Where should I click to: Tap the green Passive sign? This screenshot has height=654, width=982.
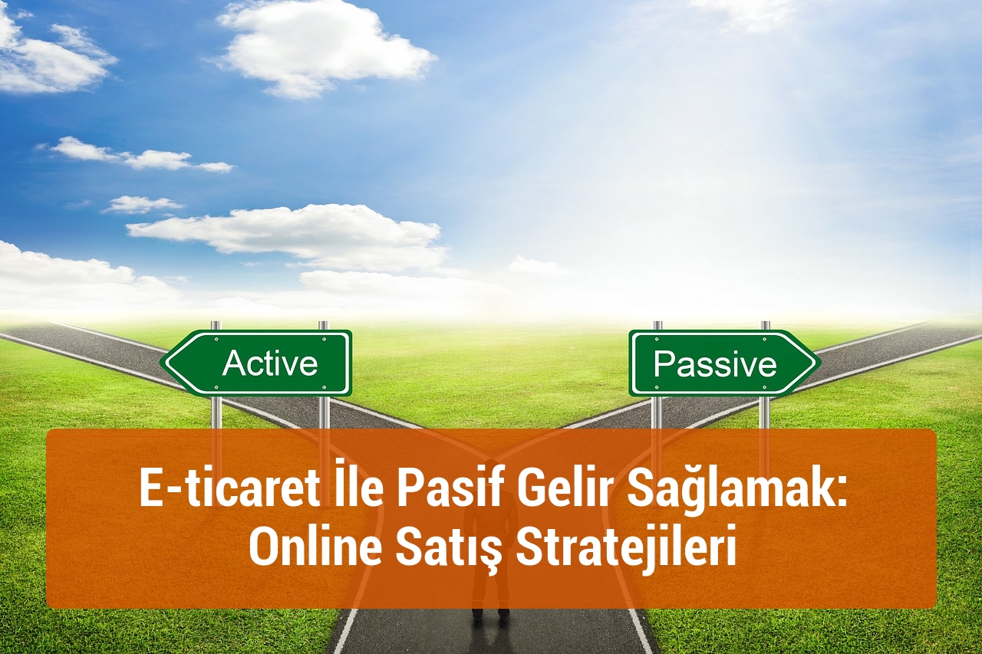coord(721,363)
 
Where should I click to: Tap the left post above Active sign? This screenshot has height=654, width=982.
coord(216,325)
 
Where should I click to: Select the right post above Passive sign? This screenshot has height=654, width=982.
coord(765,325)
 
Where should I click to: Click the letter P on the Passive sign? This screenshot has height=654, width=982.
coord(664,364)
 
